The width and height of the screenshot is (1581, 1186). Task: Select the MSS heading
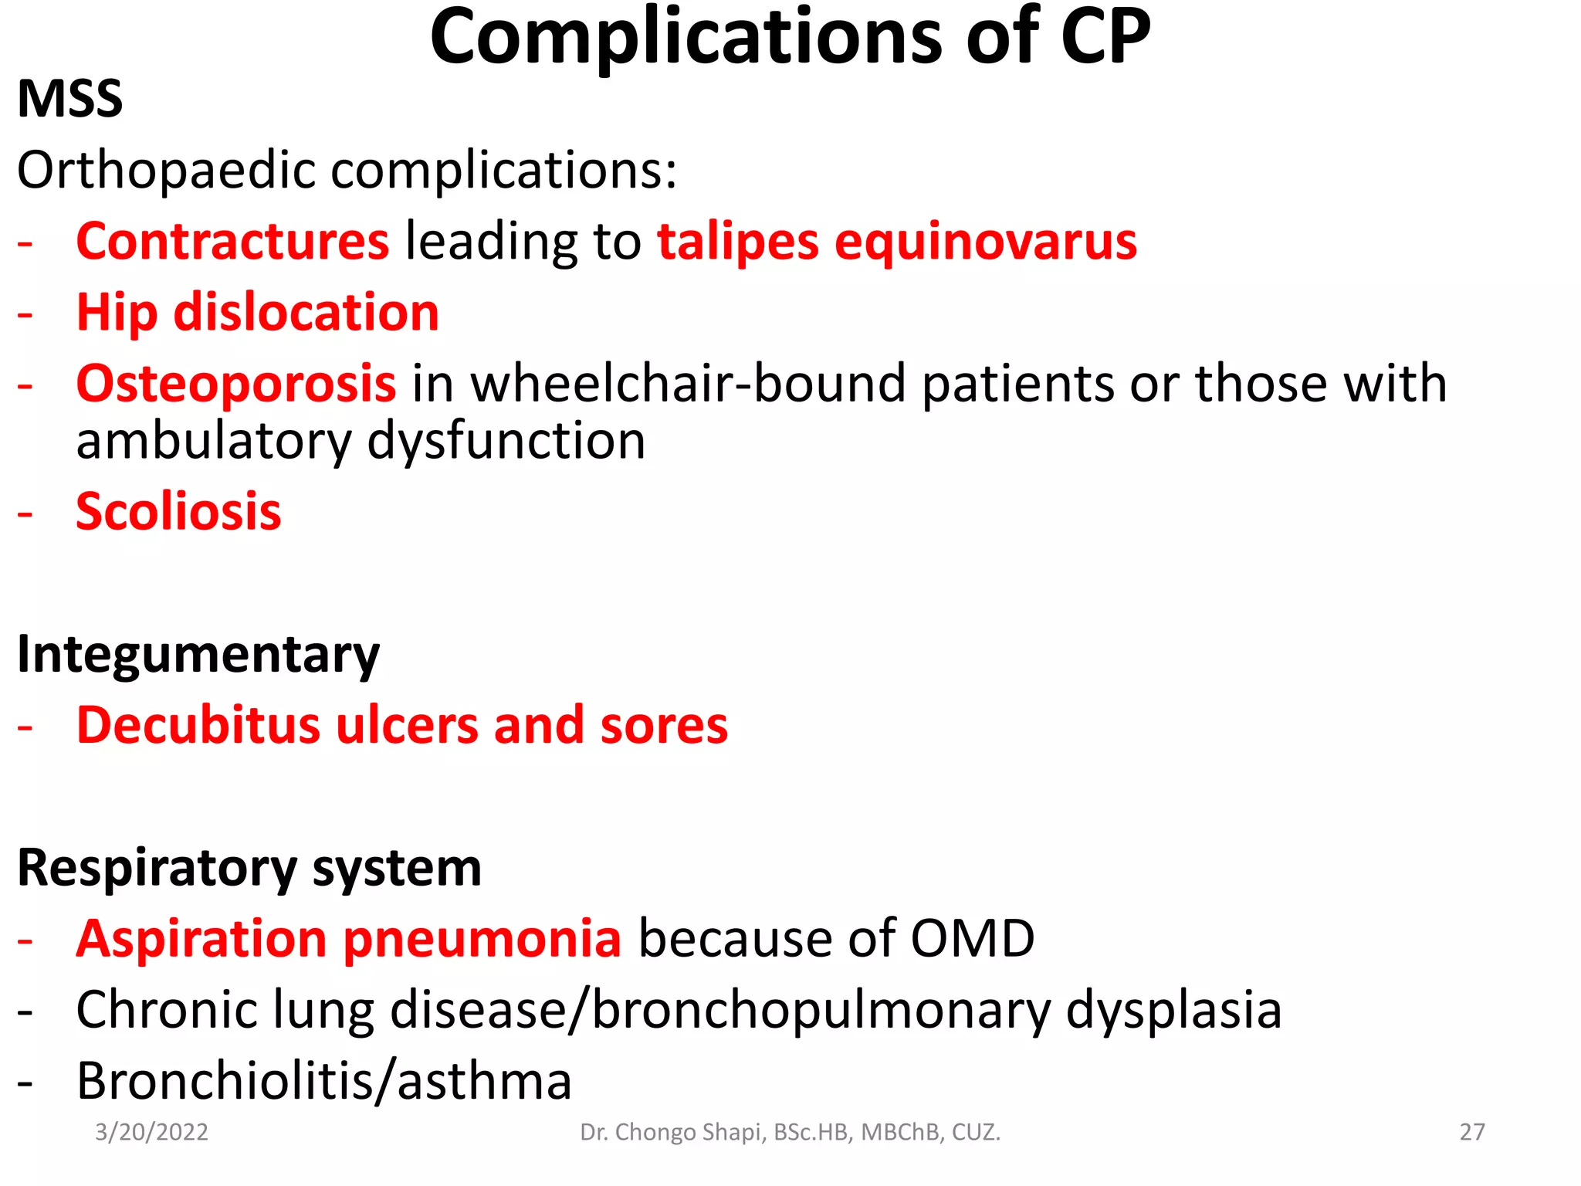click(x=69, y=100)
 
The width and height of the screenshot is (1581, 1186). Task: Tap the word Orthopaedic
click(x=166, y=171)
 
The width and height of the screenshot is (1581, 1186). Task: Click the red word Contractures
click(x=232, y=242)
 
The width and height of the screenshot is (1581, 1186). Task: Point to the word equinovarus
click(x=986, y=242)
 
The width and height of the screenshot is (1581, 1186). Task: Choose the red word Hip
click(x=117, y=313)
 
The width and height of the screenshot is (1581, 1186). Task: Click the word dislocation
click(x=306, y=313)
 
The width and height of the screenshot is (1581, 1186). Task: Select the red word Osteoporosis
click(x=236, y=384)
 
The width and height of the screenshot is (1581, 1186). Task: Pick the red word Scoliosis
click(x=178, y=512)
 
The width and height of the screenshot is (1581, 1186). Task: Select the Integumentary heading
click(x=198, y=656)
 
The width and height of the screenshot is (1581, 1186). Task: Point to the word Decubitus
click(x=198, y=726)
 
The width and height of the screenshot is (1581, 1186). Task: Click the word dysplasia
click(x=1173, y=1011)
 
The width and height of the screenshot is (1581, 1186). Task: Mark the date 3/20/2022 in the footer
click(x=151, y=1132)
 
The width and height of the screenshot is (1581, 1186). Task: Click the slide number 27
click(x=1471, y=1132)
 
